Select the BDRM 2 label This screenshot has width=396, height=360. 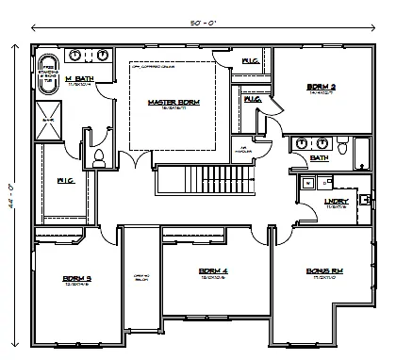[x=322, y=89]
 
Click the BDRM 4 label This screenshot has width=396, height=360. [x=212, y=272]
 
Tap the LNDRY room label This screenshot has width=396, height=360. [x=337, y=201]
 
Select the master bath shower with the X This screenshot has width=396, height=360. [x=46, y=118]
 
